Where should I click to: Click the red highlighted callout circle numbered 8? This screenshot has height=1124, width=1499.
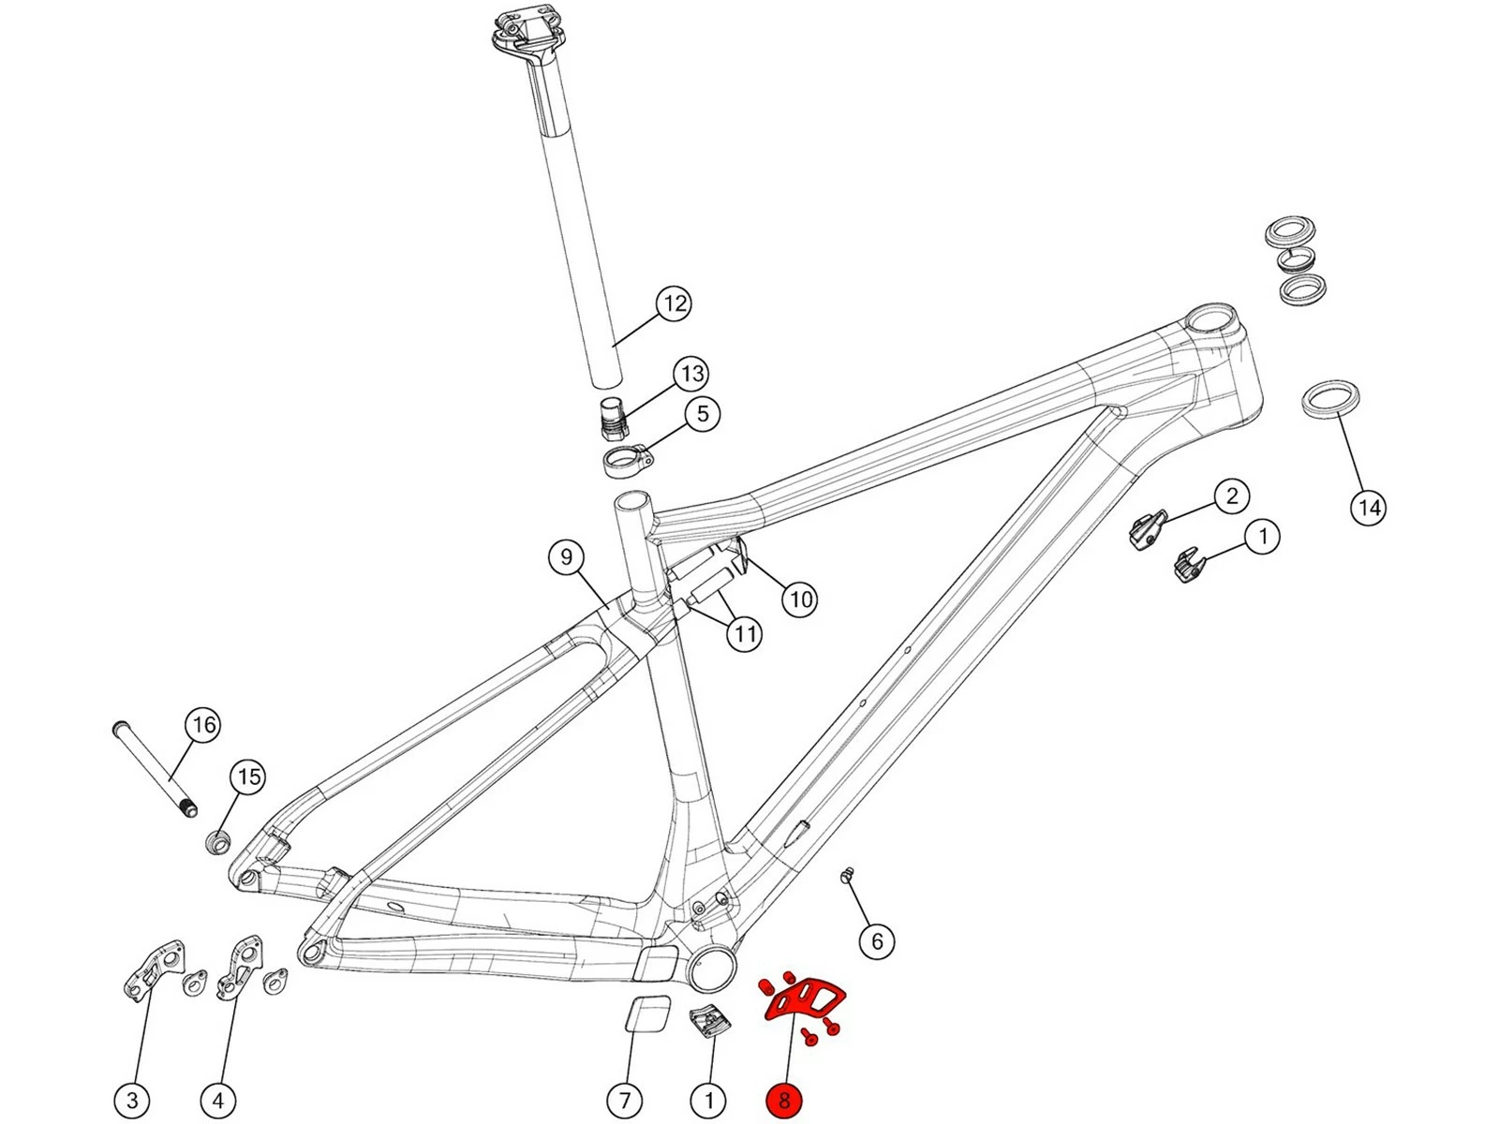[784, 1101]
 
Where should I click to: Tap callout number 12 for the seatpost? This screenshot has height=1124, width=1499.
[674, 303]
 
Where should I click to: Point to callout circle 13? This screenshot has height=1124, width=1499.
[691, 374]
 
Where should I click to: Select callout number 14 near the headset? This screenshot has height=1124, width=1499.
[1369, 508]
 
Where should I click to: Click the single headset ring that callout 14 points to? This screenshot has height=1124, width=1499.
[1331, 397]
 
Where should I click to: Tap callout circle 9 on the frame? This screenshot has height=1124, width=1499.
[566, 558]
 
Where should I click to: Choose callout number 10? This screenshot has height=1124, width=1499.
[799, 599]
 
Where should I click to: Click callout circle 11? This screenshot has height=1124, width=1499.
[745, 634]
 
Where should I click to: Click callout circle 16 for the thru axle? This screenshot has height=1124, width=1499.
[202, 724]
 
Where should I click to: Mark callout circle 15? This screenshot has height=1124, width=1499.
[248, 776]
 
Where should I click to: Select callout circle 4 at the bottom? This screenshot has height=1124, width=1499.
[218, 1100]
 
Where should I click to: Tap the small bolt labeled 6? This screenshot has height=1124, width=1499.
[849, 875]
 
